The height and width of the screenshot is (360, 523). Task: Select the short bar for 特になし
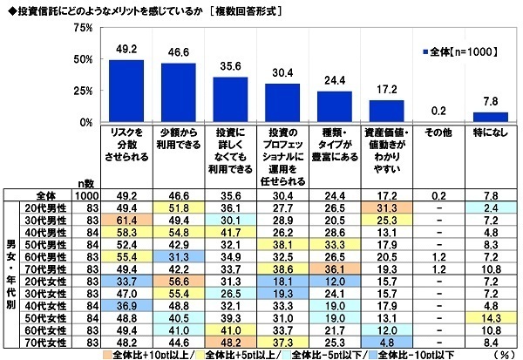click(491, 117)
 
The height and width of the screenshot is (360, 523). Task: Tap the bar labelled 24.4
click(336, 106)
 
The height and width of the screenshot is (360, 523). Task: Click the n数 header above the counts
click(85, 184)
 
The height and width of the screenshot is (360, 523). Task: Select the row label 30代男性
click(48, 222)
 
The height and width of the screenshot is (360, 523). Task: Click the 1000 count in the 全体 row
click(85, 198)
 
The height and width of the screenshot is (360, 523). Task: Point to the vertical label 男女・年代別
click(10, 271)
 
